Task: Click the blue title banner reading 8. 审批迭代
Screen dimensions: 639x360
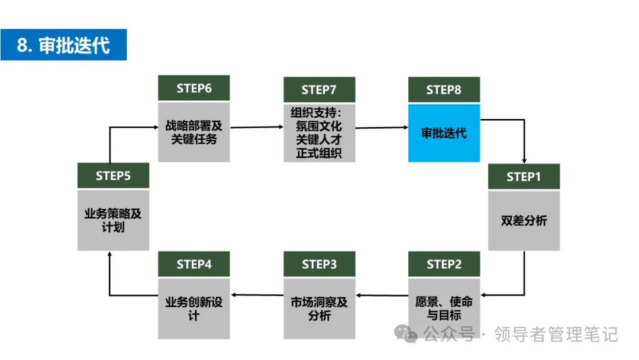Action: pos(63,45)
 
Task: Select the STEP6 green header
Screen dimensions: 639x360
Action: pos(194,88)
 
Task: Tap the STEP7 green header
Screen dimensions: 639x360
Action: pos(319,89)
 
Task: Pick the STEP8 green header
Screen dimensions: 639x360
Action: pos(444,89)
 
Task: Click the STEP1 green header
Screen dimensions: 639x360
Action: pos(524,176)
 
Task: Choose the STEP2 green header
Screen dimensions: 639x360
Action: pos(444,264)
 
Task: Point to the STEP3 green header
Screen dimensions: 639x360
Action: pos(319,264)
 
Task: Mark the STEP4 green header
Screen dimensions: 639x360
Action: pos(194,264)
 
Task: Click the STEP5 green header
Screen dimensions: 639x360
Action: pos(113,176)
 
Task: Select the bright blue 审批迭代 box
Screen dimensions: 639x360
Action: pos(444,133)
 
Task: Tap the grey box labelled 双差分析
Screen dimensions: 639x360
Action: pos(524,221)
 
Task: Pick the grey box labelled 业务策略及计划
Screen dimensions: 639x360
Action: pos(113,220)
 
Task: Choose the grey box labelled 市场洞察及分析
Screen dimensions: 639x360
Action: pos(319,308)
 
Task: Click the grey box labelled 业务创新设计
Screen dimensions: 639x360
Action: pos(194,308)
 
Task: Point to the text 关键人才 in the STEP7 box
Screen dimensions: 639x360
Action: pos(319,140)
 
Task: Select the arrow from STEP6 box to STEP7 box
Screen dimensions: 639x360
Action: pos(257,127)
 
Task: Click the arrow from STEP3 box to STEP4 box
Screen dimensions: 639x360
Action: pos(257,295)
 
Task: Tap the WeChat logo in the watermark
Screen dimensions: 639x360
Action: pos(405,335)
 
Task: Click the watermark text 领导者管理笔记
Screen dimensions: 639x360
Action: pos(556,335)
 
